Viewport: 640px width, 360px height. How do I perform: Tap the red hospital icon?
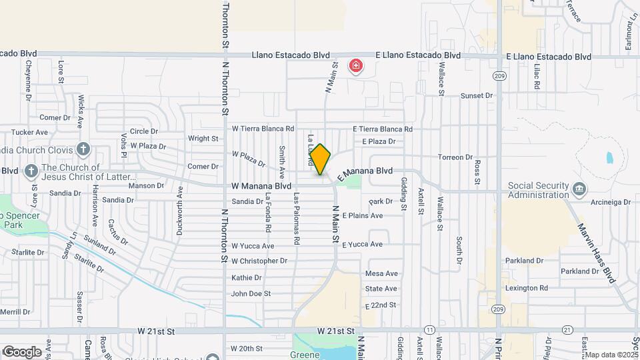point(357,66)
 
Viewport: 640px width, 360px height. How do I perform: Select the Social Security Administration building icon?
point(581,189)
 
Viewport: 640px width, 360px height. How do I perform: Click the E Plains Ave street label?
point(362,216)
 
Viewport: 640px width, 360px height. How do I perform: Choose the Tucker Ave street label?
point(30,133)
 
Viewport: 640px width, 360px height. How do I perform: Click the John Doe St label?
point(251,293)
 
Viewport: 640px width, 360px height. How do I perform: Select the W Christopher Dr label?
point(259,261)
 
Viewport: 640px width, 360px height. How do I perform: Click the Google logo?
point(22,351)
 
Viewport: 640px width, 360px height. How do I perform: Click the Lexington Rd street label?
point(526,288)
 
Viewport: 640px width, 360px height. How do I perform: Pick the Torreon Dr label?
point(455,157)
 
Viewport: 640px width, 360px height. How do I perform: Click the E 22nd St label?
point(381,305)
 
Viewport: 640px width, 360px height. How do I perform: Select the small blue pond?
point(610,159)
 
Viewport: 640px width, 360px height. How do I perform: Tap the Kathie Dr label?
point(246,277)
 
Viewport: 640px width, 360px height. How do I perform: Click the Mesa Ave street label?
point(381,273)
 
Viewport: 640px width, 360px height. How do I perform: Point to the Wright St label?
point(203,139)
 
